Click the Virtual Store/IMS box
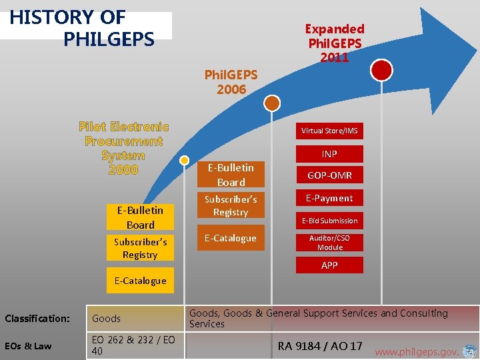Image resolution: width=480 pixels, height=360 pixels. point(329,131)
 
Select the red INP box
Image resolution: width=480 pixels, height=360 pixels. point(329,154)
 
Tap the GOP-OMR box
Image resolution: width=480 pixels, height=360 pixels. point(329,175)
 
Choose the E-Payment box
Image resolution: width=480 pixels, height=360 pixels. point(329,198)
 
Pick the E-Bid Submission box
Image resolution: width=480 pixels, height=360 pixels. point(329,221)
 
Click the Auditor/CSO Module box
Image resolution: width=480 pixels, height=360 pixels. point(329,243)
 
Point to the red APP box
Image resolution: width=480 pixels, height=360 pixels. point(329,265)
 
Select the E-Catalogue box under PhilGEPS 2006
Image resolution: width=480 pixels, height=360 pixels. point(230,239)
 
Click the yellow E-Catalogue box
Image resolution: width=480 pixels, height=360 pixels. point(140,281)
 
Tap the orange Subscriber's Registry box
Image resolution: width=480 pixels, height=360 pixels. point(230,205)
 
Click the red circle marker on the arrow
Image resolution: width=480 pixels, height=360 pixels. point(381,69)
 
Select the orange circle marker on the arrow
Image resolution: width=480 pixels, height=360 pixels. point(272,103)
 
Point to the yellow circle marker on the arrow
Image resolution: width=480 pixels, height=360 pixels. point(185,161)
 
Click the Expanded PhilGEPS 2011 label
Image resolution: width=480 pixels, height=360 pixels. point(335,43)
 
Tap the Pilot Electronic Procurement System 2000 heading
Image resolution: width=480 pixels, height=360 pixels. point(123,148)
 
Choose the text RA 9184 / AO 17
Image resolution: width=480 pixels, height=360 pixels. point(320,345)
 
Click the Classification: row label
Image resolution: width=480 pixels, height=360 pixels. point(37,319)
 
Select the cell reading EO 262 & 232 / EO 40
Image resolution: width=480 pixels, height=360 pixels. point(133,345)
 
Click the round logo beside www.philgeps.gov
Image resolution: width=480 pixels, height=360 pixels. point(469,351)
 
